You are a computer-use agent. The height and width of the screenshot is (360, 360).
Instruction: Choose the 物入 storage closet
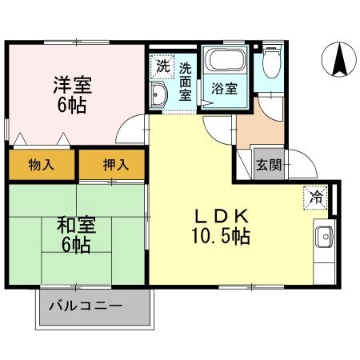tap(42, 165)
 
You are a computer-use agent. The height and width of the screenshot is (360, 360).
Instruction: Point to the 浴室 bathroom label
tap(223, 88)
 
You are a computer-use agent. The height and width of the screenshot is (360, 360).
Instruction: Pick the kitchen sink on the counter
tap(325, 238)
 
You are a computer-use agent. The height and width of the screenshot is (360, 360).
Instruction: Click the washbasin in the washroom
tap(158, 98)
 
